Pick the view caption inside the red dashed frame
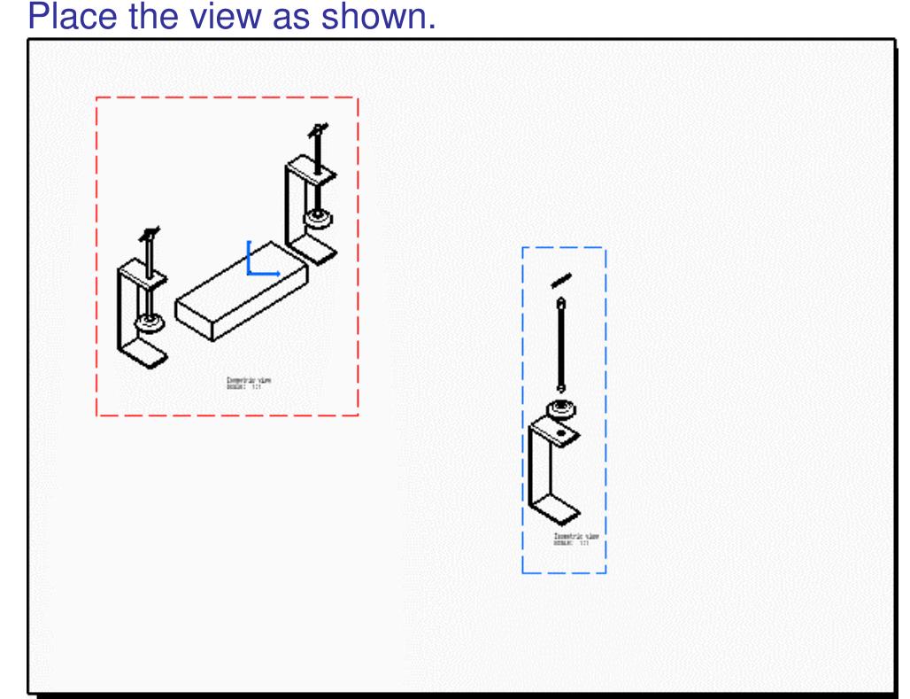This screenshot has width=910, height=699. (249, 383)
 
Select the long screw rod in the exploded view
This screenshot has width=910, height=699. (560, 346)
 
